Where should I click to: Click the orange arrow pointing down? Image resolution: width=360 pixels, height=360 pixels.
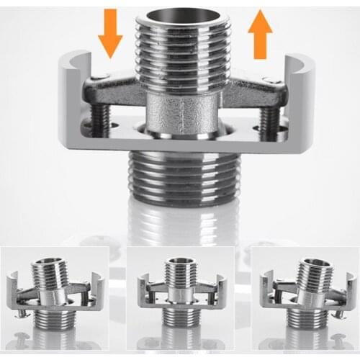tap(111, 33)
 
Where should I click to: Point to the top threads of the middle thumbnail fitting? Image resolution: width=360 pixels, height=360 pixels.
tap(177, 272)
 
